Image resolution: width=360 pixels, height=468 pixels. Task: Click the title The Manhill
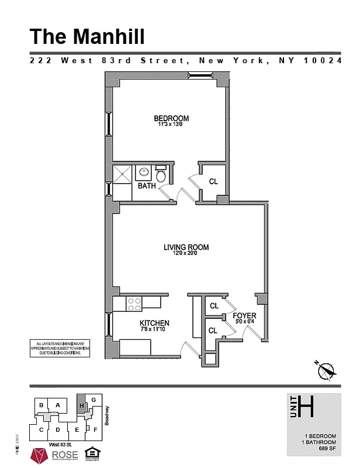click(87, 36)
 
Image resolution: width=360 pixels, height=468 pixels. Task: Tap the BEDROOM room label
click(171, 118)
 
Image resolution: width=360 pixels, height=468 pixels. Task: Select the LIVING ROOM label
click(186, 247)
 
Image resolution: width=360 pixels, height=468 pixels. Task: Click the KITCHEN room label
click(154, 323)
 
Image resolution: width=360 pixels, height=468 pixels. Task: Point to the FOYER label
click(244, 316)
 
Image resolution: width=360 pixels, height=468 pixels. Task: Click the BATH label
click(147, 186)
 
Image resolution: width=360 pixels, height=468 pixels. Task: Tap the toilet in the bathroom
click(161, 174)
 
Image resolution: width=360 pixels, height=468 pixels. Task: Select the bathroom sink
click(143, 173)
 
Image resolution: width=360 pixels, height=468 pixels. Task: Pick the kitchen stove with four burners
click(134, 303)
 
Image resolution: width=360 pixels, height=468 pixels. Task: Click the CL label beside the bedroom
click(213, 182)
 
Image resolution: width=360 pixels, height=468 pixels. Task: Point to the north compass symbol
click(326, 369)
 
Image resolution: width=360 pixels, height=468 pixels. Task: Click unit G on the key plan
click(93, 400)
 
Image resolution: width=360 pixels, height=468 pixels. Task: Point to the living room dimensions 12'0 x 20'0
click(186, 254)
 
